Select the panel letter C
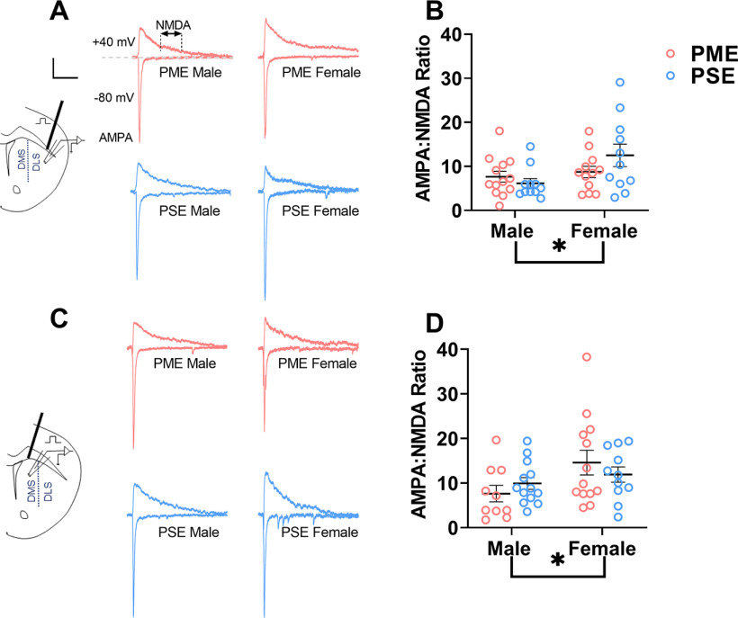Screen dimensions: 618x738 59,320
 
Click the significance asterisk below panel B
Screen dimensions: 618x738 558,246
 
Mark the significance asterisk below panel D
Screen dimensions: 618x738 558,561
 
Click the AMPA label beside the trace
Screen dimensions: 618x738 117,138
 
